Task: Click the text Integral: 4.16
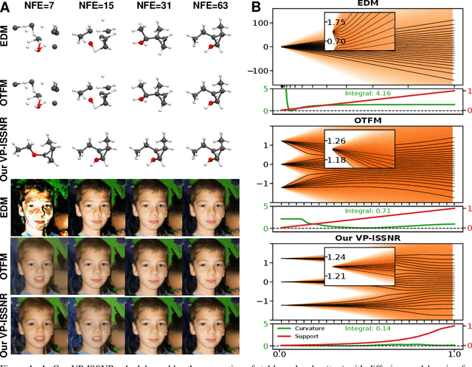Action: point(368,94)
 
